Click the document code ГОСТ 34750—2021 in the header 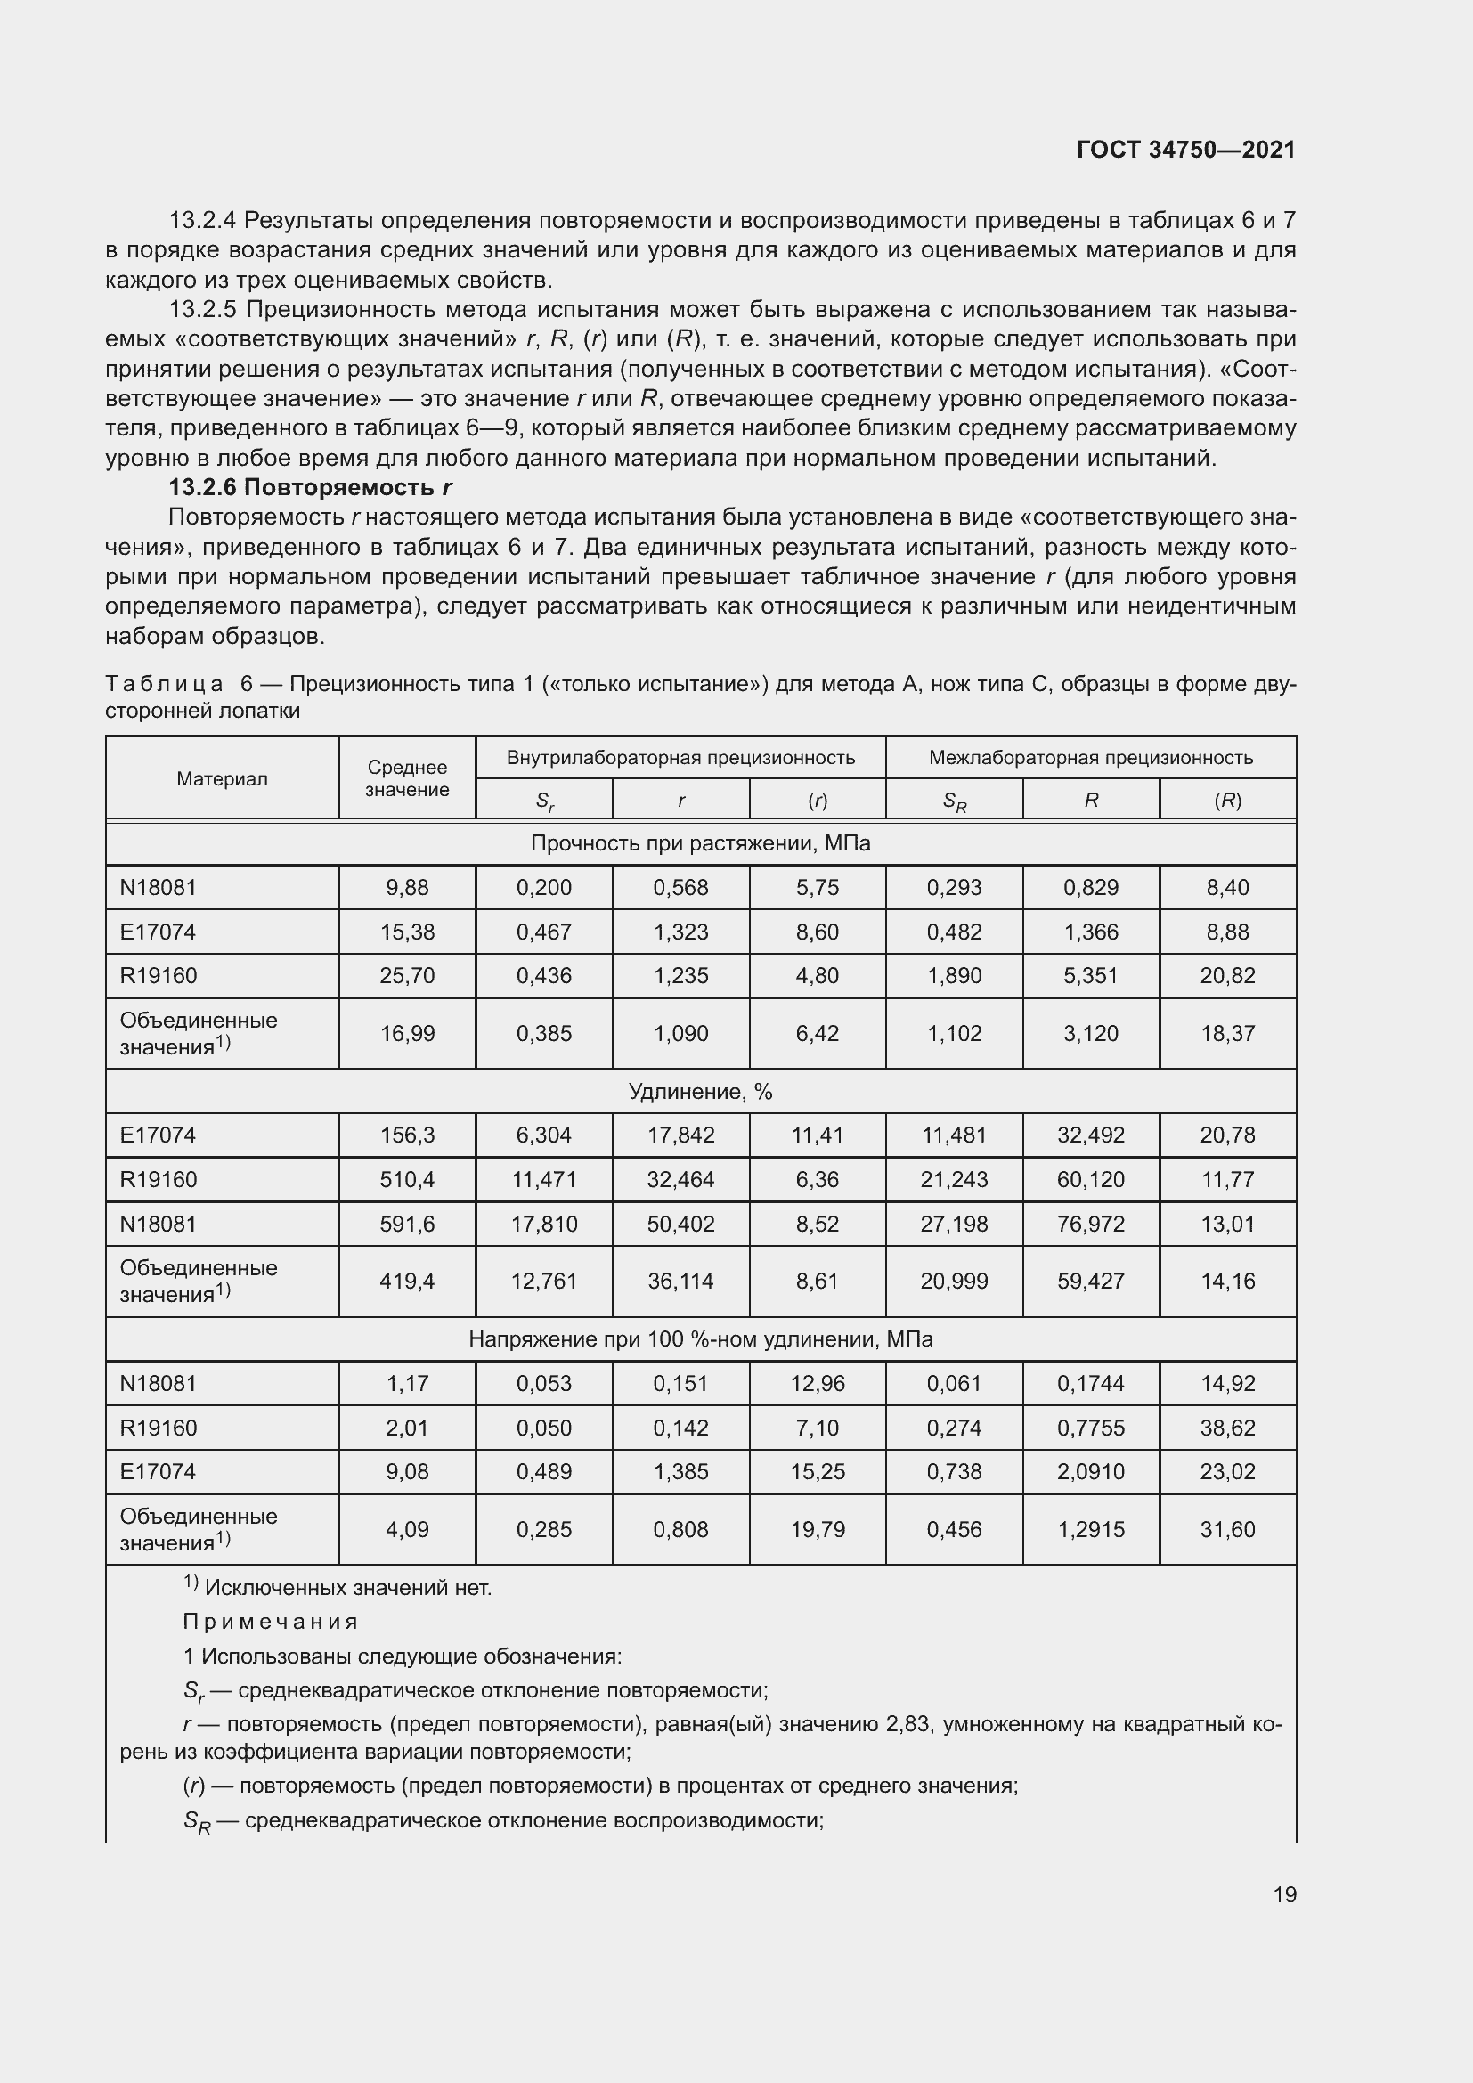1185,150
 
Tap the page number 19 1284,1894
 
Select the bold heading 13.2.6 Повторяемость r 310,487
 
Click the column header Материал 223,778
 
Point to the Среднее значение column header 407,778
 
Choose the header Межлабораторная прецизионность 1090,758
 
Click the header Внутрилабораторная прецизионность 680,758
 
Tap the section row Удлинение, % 700,1092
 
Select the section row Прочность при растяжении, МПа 700,842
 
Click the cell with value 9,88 407,887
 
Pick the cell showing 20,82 1227,975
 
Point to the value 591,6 407,1224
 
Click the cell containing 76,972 1090,1224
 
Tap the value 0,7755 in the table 1090,1428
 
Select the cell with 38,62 1227,1428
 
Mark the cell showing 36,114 680,1281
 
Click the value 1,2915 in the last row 1090,1530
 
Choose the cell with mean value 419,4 407,1281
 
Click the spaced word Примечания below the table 271,1621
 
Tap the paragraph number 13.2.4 202,221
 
